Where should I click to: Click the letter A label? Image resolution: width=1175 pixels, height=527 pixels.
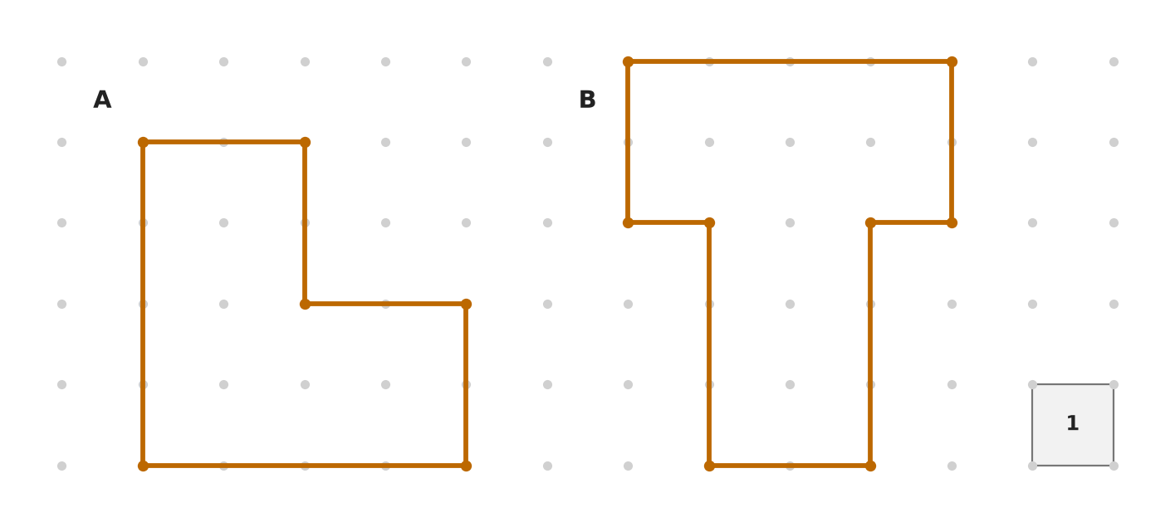pyautogui.click(x=102, y=100)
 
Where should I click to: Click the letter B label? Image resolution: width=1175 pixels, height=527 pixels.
pyautogui.click(x=588, y=100)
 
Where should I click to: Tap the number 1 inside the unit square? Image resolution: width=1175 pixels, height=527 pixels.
pyautogui.click(x=1073, y=423)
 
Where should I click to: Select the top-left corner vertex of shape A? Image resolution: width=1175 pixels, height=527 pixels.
pyautogui.click(x=143, y=142)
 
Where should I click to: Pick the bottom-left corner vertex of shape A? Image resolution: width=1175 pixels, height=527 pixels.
pyautogui.click(x=143, y=466)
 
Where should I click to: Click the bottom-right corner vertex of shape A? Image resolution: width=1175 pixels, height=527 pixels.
pyautogui.click(x=467, y=466)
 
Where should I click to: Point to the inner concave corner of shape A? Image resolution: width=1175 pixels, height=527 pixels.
pyautogui.click(x=305, y=304)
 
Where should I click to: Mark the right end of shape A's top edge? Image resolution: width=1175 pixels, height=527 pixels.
pyautogui.click(x=305, y=142)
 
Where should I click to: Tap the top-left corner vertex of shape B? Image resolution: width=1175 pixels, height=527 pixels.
pyautogui.click(x=628, y=62)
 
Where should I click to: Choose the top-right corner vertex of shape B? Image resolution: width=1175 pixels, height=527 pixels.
pyautogui.click(x=952, y=62)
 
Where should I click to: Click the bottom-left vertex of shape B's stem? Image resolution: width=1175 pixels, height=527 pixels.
pyautogui.click(x=709, y=466)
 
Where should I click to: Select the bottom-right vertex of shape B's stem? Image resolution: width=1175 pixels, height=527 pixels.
pyautogui.click(x=871, y=466)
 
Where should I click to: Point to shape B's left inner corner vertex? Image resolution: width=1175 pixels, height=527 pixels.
pyautogui.click(x=709, y=223)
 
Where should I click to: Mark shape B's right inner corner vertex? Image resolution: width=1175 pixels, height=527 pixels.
pyautogui.click(x=871, y=223)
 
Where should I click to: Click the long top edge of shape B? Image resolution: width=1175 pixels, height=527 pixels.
pyautogui.click(x=790, y=62)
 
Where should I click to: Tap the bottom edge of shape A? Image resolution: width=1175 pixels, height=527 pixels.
pyautogui.click(x=305, y=466)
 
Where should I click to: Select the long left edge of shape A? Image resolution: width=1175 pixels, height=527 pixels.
pyautogui.click(x=143, y=304)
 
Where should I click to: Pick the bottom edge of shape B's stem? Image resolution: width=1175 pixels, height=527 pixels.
pyautogui.click(x=790, y=466)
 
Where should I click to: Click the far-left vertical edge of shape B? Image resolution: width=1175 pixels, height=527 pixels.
pyautogui.click(x=628, y=142)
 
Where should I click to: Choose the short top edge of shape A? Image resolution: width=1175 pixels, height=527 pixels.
pyautogui.click(x=224, y=142)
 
